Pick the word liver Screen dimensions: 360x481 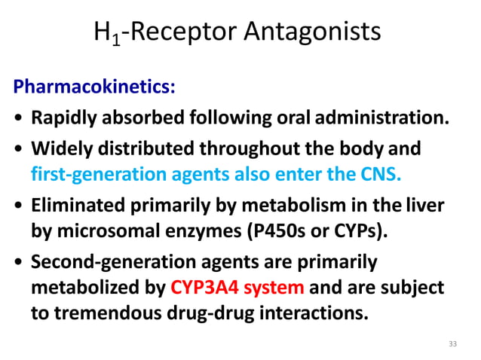(426, 205)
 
